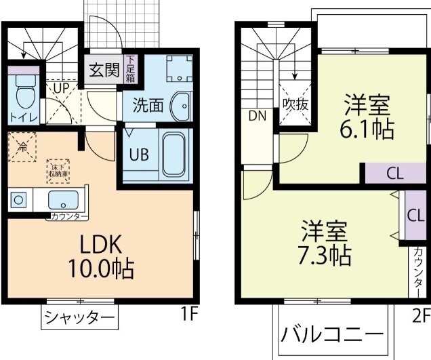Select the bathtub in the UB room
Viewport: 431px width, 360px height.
pos(173,153)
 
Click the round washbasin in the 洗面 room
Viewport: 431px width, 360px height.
pos(179,106)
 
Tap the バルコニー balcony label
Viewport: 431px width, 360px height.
pos(332,335)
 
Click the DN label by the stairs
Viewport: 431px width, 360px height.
pos(258,115)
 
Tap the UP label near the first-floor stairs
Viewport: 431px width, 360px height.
pos(60,87)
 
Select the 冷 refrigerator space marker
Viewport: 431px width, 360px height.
pos(22,145)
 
